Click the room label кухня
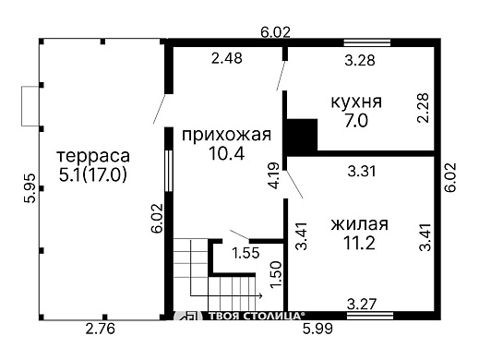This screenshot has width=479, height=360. pos(356,102)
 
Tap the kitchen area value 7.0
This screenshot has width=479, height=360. pos(356,121)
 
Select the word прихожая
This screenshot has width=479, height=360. pos(226,136)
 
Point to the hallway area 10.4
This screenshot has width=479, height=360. pos(226,155)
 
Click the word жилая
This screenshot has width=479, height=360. pos(356,223)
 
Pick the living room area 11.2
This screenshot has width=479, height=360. pos(356,243)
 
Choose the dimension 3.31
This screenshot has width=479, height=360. pos(363,170)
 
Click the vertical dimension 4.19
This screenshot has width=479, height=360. pos(273,175)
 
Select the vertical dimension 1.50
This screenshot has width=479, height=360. pos(274,272)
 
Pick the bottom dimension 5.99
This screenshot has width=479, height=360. pos(319,328)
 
